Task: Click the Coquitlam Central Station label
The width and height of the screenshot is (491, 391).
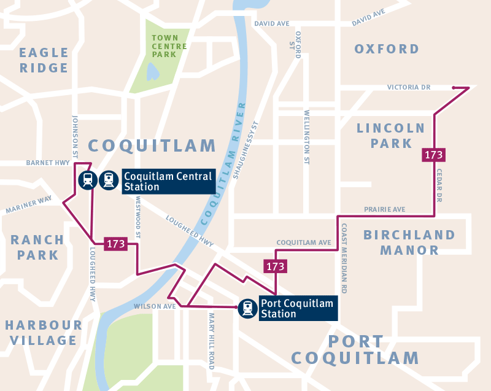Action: click(x=168, y=181)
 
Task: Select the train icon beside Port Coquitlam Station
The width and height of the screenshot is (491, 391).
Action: click(x=247, y=308)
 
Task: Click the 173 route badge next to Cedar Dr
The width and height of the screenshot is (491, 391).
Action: click(x=433, y=155)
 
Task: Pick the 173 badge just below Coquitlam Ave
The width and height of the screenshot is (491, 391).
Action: click(x=275, y=266)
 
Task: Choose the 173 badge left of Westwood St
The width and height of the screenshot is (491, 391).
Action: click(x=115, y=244)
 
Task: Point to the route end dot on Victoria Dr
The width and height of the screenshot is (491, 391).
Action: click(x=454, y=88)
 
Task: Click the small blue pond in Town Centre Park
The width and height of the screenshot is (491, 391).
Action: click(x=153, y=72)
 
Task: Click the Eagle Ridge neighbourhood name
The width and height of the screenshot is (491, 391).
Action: click(x=44, y=60)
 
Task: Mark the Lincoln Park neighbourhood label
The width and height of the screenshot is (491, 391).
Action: click(x=391, y=136)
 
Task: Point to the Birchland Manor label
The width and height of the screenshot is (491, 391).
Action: click(x=409, y=242)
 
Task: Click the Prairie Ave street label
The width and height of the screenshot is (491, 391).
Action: click(x=384, y=209)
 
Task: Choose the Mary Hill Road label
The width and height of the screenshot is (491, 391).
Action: click(x=212, y=341)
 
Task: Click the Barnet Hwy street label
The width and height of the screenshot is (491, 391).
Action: click(x=46, y=163)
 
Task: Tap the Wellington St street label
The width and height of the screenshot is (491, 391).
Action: click(x=307, y=137)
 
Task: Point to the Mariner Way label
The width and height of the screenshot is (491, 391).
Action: click(x=29, y=205)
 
